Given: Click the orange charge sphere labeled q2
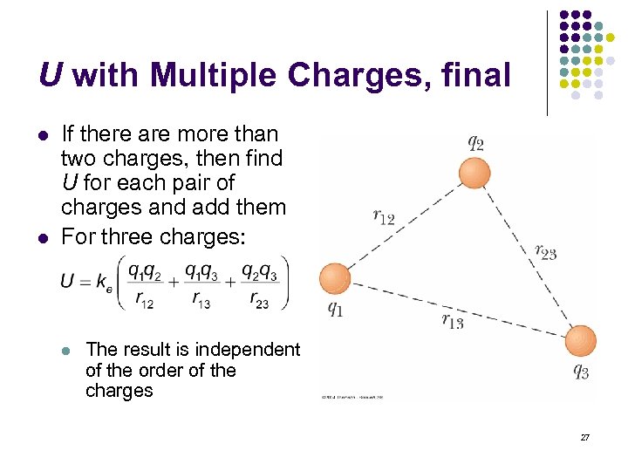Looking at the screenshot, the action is point(474,173).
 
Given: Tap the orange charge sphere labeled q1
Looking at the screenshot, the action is point(334,279).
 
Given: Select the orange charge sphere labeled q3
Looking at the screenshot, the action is point(580,340).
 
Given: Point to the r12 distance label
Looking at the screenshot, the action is point(384,217).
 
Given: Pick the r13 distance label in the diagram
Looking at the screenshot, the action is point(453,321).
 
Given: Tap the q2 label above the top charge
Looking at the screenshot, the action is point(476,142).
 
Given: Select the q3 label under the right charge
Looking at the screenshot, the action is point(580,371).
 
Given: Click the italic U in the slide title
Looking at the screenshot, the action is point(50,76).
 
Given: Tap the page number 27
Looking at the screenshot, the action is point(585,436).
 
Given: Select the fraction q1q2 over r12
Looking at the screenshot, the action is point(145,284).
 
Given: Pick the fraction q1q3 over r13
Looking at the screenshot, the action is point(201,284).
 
